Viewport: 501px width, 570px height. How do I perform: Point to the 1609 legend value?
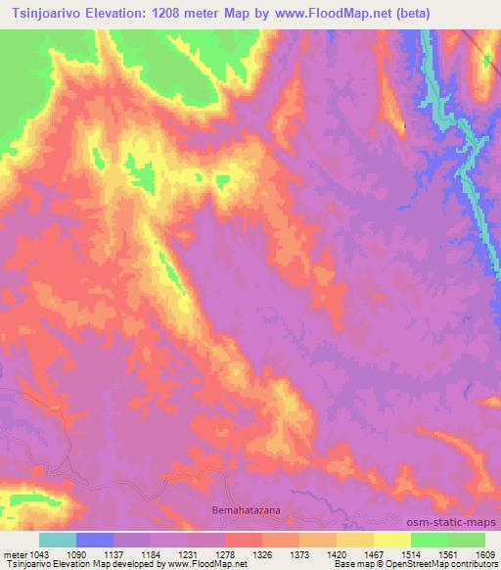[x=484, y=554]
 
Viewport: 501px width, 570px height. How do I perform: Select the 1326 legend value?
[x=261, y=554]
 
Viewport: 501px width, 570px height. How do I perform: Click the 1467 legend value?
[x=373, y=554]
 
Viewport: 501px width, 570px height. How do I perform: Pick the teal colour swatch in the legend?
[x=58, y=540]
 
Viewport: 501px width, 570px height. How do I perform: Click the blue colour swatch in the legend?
[x=95, y=540]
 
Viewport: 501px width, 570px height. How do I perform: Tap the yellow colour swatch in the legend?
[x=392, y=540]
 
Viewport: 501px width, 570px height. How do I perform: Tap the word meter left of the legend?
[x=18, y=554]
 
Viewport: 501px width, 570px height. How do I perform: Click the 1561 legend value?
[x=447, y=554]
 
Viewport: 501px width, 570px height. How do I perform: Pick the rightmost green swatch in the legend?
[x=467, y=540]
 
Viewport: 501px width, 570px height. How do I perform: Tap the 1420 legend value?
[x=336, y=554]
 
